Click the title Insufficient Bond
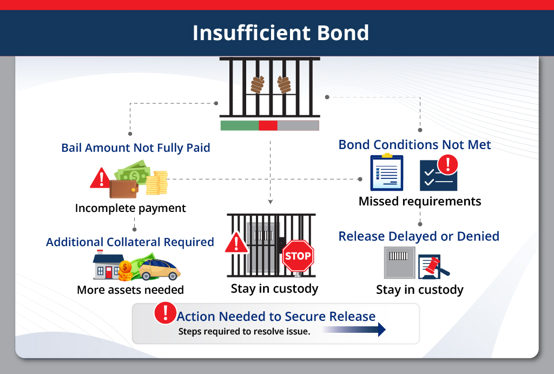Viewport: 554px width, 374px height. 280,33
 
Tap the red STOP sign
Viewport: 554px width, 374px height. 298,256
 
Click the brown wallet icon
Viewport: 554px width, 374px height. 123,189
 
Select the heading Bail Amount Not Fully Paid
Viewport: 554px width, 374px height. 135,147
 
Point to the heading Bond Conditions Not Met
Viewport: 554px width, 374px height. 414,145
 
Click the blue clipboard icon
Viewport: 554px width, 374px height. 386,172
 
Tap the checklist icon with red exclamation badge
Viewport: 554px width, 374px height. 439,173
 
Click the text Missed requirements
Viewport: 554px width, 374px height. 419,202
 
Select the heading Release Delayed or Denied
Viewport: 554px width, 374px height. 419,236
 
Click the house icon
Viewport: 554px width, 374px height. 108,266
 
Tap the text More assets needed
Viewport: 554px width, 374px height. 130,290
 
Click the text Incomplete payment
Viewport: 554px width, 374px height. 130,208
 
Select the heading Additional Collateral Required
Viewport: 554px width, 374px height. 130,242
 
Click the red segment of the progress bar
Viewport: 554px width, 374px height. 268,126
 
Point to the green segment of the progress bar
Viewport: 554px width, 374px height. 239,126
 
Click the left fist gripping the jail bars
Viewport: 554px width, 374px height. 257,84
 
